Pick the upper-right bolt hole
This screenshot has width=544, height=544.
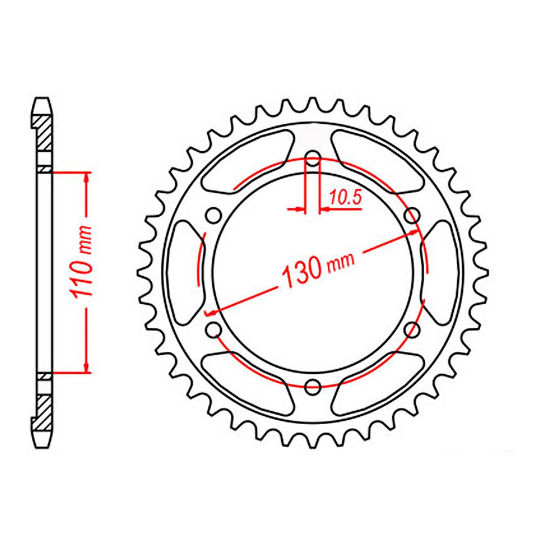(x=412, y=216)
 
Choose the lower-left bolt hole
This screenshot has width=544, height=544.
(x=214, y=330)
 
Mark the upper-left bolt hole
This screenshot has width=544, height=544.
(x=214, y=216)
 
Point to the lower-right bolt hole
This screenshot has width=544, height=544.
(x=412, y=330)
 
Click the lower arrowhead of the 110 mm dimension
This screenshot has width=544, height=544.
(x=87, y=368)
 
